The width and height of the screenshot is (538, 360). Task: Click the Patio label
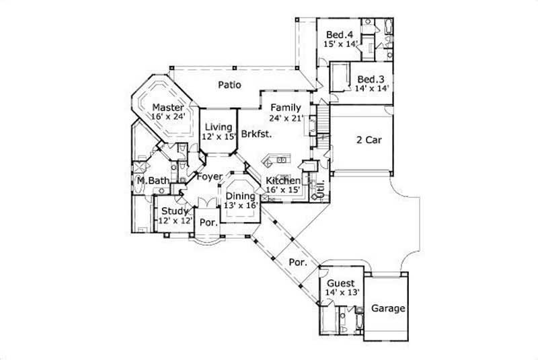click(x=230, y=85)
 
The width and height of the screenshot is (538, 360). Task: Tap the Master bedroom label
click(x=167, y=108)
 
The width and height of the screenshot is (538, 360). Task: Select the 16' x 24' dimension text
click(x=167, y=117)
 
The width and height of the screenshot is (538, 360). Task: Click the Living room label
click(x=219, y=127)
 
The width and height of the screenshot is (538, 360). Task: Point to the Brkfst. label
click(x=256, y=133)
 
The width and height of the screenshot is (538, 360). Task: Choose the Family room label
click(x=285, y=108)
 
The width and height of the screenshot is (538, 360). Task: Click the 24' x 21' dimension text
click(x=287, y=117)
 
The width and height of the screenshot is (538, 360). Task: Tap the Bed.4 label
click(x=340, y=34)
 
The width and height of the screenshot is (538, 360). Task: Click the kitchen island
click(x=276, y=160)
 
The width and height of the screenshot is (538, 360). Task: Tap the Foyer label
click(x=209, y=177)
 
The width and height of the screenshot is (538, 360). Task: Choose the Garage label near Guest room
click(x=389, y=309)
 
